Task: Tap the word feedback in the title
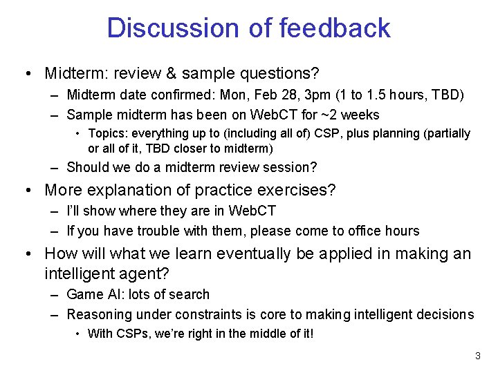pyautogui.click(x=335, y=28)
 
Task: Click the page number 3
pyautogui.click(x=477, y=356)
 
